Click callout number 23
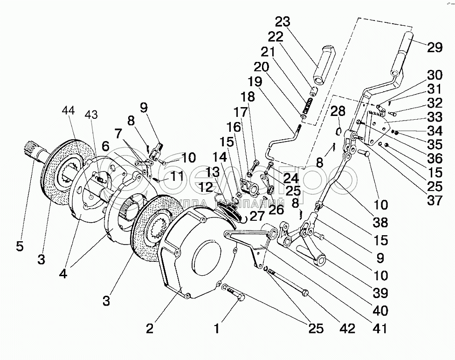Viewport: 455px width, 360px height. point(283,22)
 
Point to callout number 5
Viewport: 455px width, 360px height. point(20,246)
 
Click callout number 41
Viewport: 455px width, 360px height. point(381,328)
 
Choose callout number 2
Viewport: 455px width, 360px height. point(150,328)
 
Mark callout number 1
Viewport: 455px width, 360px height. point(216,328)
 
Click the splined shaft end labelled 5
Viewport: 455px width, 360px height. point(28,150)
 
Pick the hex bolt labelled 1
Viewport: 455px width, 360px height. point(234,294)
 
